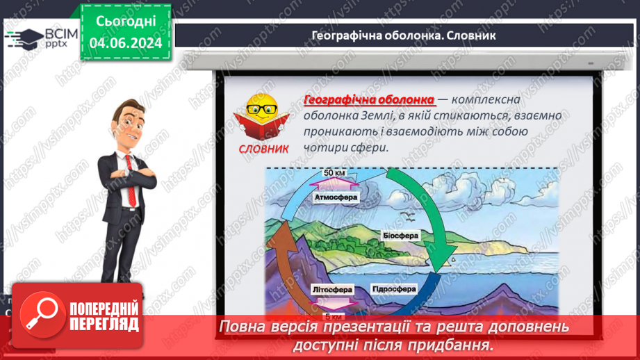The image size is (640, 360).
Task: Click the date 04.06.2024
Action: (125, 43)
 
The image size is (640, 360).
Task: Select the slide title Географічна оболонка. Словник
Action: (403, 35)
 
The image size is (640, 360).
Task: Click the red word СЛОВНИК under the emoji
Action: (264, 148)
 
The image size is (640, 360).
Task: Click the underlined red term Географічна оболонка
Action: (369, 99)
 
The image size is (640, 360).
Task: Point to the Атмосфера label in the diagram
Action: (336, 197)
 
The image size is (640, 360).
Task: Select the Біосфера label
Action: (400, 236)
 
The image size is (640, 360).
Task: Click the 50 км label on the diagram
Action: (336, 173)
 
